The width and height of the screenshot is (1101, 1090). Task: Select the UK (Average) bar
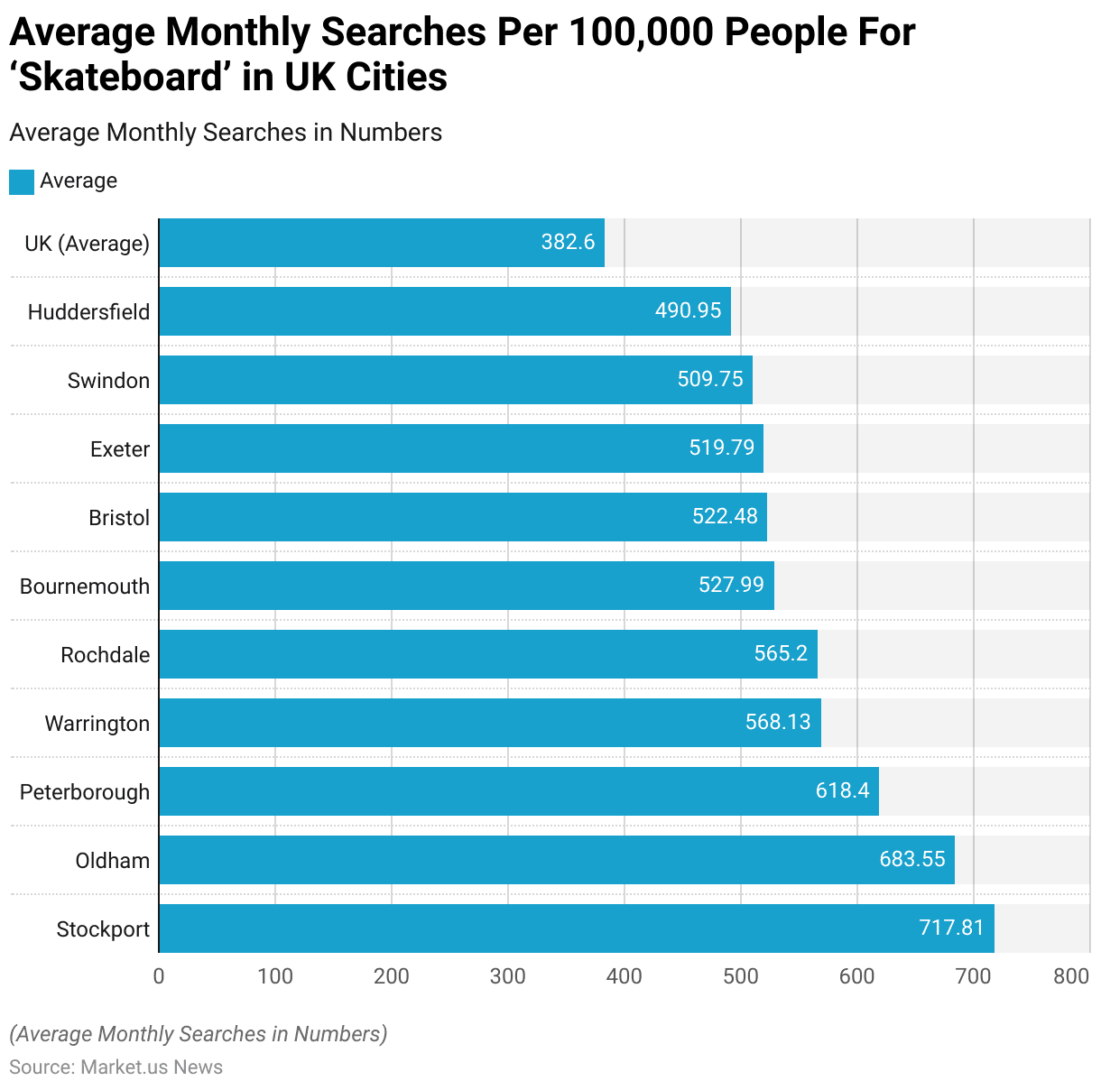tap(381, 243)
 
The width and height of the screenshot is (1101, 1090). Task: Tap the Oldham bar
tap(556, 859)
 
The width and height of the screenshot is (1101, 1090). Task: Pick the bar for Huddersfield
tap(444, 311)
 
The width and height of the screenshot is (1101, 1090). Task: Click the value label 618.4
tap(842, 790)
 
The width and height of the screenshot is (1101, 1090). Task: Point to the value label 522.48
tap(725, 516)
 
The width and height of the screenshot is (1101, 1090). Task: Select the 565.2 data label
tap(781, 653)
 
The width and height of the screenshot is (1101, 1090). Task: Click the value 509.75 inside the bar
tap(710, 379)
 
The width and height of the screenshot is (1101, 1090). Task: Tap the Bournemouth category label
tap(85, 587)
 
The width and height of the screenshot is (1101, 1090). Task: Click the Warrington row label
tap(97, 724)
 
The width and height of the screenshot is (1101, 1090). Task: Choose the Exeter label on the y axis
tap(120, 449)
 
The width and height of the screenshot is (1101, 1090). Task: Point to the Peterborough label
tap(85, 792)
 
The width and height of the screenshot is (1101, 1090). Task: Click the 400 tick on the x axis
tap(625, 976)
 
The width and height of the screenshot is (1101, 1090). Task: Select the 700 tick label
tap(974, 976)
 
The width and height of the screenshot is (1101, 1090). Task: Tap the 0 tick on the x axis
tap(159, 976)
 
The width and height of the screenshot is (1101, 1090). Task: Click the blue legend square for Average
tap(22, 181)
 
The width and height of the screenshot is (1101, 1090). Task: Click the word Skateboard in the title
tap(122, 78)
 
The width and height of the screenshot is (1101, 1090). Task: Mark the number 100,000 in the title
tap(629, 32)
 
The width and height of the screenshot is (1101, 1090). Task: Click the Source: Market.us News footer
tap(116, 1067)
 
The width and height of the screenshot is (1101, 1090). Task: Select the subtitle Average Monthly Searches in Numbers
tap(226, 133)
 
